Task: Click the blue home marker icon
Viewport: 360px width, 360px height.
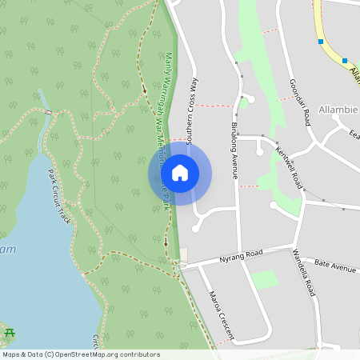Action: pyautogui.click(x=180, y=173)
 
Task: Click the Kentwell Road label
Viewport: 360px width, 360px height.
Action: pyautogui.click(x=286, y=162)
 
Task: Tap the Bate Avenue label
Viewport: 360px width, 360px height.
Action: pyautogui.click(x=334, y=265)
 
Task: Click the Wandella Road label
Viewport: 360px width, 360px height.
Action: pyautogui.click(x=303, y=273)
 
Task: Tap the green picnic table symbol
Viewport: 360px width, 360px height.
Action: pyautogui.click(x=10, y=332)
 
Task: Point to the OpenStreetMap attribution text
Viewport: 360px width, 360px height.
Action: pyautogui.click(x=81, y=354)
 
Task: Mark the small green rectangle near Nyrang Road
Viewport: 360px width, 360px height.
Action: pyautogui.click(x=265, y=279)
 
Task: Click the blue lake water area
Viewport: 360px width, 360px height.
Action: pyautogui.click(x=32, y=264)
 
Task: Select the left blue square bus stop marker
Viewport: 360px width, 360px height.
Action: pyautogui.click(x=320, y=41)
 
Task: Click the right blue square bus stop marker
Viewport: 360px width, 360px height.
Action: pyautogui.click(x=345, y=60)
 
